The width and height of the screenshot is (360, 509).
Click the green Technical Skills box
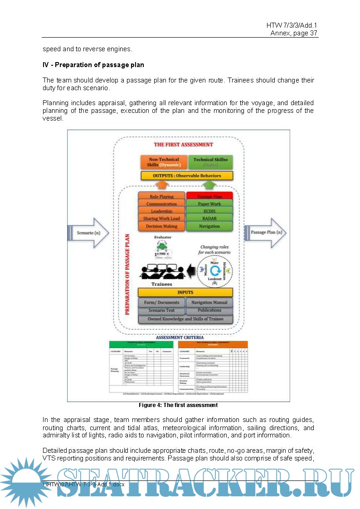[210, 162]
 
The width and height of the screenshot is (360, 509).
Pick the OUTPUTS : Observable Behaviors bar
[187, 175]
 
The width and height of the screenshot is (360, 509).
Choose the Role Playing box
[161, 197]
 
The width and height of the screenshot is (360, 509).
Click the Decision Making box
[161, 226]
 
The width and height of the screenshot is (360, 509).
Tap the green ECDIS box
[209, 211]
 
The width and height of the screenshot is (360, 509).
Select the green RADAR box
[209, 218]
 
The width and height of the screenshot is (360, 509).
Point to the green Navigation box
[209, 226]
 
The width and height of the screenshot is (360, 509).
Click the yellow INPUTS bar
[185, 292]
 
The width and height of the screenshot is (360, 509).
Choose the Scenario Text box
[161, 310]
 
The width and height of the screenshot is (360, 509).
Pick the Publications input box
[209, 310]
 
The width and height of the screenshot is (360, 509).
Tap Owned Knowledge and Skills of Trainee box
[185, 319]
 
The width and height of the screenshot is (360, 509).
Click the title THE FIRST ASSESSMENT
[183, 145]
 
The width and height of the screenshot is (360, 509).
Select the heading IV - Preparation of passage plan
[93, 65]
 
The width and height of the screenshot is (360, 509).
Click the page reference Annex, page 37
[294, 33]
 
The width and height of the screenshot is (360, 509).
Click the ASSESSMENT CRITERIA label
[180, 337]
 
